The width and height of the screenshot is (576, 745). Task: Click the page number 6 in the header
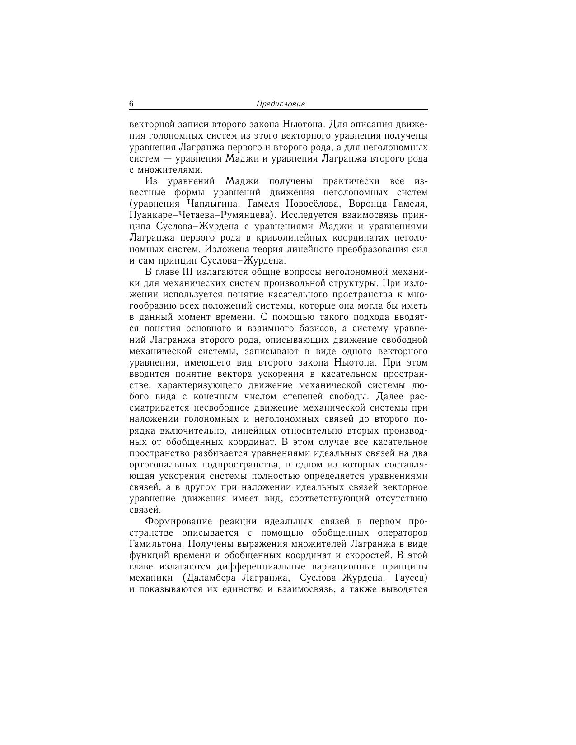pos(131,104)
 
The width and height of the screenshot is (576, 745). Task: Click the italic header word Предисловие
pos(281,104)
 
